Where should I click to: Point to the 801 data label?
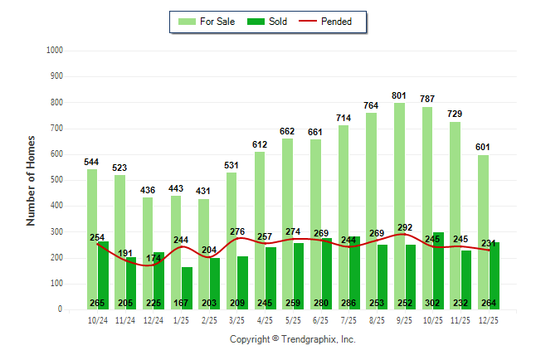pos(400,95)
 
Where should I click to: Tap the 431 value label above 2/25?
pos(203,191)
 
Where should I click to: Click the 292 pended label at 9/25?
pos(404,226)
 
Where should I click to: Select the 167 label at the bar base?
pos(182,303)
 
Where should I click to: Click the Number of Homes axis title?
pos(31,180)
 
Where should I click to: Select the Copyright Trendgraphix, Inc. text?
pos(292,339)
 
